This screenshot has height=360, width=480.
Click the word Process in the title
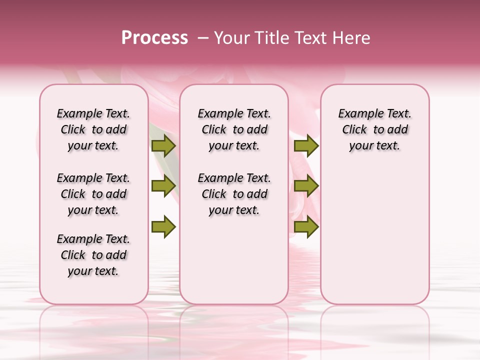tap(154, 38)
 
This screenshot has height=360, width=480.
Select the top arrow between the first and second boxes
tap(163, 146)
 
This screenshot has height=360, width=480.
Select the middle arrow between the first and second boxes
tap(163, 186)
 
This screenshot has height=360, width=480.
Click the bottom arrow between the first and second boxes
tap(163, 227)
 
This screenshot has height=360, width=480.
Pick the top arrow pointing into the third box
tap(306, 146)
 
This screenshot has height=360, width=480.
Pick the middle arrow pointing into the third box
tap(306, 186)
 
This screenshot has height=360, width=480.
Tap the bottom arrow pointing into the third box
tap(306, 227)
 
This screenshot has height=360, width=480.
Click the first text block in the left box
tap(93, 129)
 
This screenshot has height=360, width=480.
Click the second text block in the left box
tap(93, 194)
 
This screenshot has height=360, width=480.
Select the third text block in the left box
tap(93, 255)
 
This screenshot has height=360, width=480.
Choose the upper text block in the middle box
tap(234, 129)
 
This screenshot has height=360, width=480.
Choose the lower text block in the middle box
tap(234, 194)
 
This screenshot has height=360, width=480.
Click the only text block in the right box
tap(374, 129)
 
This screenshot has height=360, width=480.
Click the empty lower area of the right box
tap(374, 235)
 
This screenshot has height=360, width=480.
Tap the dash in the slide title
tap(203, 38)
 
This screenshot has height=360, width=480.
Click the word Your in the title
tap(231, 38)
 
